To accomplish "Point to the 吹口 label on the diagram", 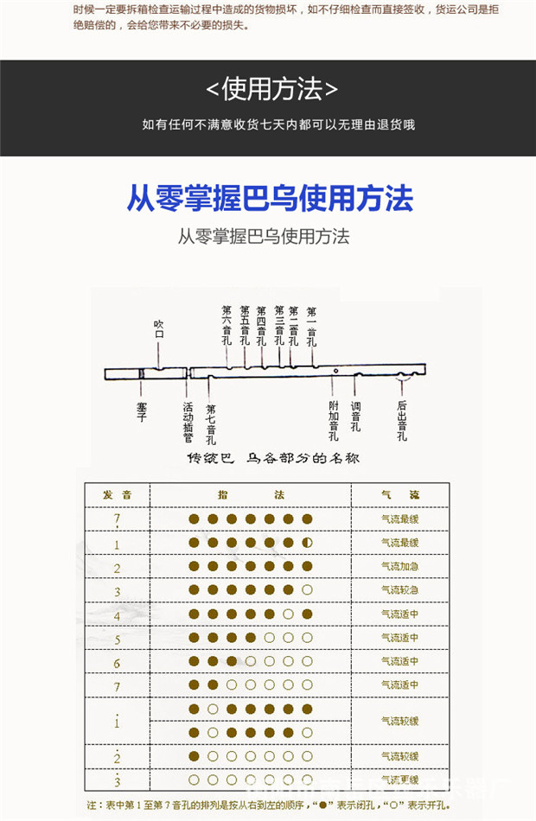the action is pyautogui.click(x=159, y=329).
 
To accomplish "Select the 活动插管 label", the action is pyautogui.click(x=188, y=418).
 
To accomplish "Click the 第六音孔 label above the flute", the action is pyautogui.click(x=227, y=325).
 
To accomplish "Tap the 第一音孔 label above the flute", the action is pyautogui.click(x=312, y=325).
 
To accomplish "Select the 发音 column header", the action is pyautogui.click(x=118, y=495).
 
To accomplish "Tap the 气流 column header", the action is pyautogui.click(x=400, y=495).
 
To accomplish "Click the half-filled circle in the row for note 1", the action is pyautogui.click(x=307, y=543).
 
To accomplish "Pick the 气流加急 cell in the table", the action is pyautogui.click(x=400, y=567).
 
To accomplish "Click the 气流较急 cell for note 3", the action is pyautogui.click(x=400, y=590).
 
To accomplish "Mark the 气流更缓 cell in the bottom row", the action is pyautogui.click(x=400, y=780).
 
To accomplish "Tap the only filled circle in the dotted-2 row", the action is pyautogui.click(x=194, y=756).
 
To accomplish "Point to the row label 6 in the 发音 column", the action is pyautogui.click(x=118, y=663).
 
